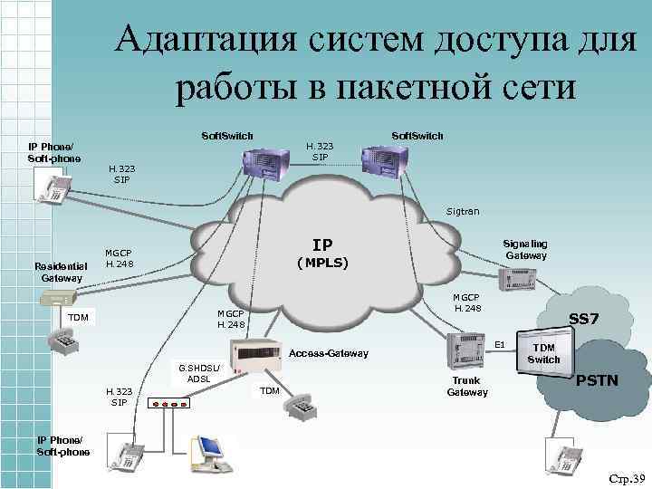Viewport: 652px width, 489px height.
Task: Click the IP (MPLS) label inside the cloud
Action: [321, 254]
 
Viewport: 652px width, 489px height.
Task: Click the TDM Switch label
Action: [544, 353]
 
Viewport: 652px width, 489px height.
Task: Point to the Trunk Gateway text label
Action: [467, 387]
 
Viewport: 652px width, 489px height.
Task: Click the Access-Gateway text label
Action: [328, 352]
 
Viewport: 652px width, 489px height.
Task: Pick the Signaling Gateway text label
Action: [526, 249]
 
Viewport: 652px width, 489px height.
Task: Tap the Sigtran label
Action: [463, 211]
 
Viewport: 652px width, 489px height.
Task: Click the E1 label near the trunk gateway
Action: [499, 344]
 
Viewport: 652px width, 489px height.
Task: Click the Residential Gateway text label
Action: [61, 272]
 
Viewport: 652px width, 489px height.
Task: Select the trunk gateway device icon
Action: [468, 348]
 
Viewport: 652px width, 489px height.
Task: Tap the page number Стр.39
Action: [626, 477]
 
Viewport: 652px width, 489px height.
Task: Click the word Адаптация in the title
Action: [207, 41]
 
